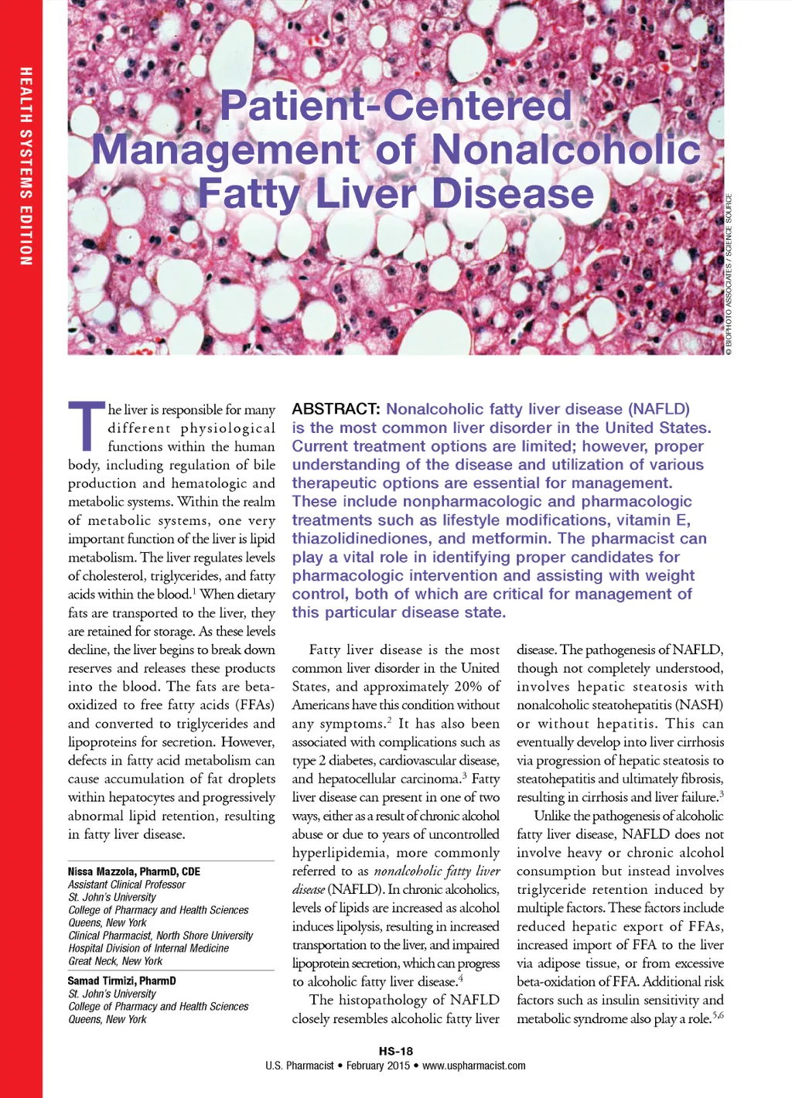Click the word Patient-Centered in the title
point(396,106)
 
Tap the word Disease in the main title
point(513,193)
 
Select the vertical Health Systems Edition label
point(26,166)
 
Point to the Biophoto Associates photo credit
point(729,274)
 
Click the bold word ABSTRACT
point(336,409)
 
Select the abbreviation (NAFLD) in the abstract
point(658,409)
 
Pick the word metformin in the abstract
point(511,539)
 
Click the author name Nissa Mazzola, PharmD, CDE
point(134,871)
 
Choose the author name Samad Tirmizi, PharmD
point(122,980)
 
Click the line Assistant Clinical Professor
point(127,885)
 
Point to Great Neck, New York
point(115,961)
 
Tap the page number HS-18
point(396,1051)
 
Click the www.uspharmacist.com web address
point(474,1066)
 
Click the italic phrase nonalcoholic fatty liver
point(437,871)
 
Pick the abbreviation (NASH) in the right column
point(698,705)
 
